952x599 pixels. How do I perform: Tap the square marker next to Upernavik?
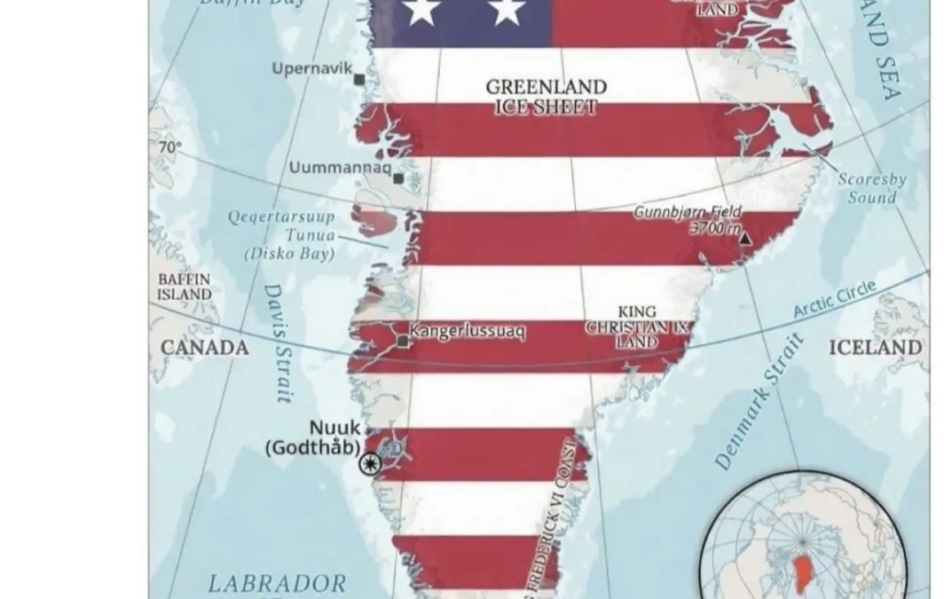click(359, 80)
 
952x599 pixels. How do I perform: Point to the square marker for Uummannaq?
click(398, 178)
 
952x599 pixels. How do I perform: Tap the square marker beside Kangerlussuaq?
click(404, 341)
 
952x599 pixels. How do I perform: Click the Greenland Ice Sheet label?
click(547, 97)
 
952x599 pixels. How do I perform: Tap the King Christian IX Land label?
click(637, 327)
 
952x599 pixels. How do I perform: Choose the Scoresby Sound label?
click(872, 188)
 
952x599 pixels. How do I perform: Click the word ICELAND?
click(875, 347)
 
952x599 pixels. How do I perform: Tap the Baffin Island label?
click(185, 285)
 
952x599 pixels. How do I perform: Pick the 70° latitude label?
click(169, 148)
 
